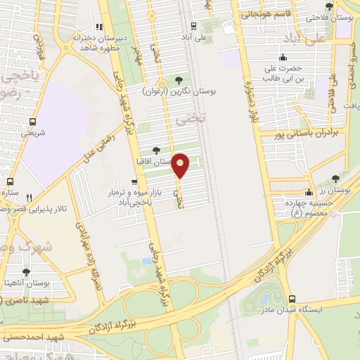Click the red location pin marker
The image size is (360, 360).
pos(181,166)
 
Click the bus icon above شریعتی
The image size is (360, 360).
pos(27,120)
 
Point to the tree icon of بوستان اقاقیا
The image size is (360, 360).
pos(156,150)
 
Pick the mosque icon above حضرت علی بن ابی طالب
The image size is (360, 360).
pos(283,58)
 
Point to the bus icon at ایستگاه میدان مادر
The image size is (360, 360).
pos(291,297)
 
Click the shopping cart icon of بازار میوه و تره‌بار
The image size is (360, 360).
pos(134,182)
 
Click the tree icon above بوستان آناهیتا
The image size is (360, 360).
pos(26,271)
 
